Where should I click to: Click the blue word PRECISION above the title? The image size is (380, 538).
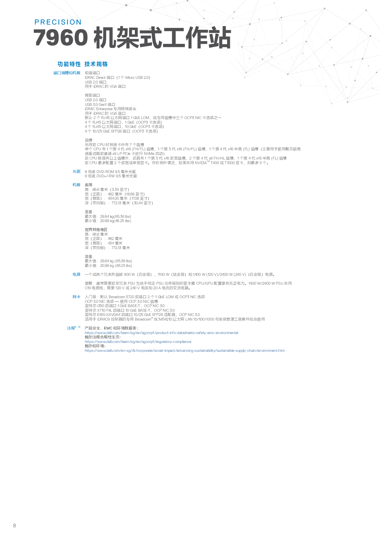coord(58,22)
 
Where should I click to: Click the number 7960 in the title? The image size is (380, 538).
coord(61,38)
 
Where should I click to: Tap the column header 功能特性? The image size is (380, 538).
coord(69,64)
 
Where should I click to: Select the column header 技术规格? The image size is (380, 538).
coord(96,64)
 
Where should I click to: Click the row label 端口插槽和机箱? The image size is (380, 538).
coord(67,73)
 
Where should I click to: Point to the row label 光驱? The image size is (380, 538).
coord(76,171)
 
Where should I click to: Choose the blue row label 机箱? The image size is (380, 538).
coord(76,185)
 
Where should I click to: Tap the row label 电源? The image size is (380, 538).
coord(76,275)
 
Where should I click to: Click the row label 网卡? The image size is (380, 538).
coord(76,297)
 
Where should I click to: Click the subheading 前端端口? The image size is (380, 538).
coord(93,73)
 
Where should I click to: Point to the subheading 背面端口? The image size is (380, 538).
coord(93,95)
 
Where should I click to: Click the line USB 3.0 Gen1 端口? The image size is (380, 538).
coord(100,105)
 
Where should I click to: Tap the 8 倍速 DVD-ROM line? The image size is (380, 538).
coord(110,172)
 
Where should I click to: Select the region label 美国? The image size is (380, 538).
coord(89,185)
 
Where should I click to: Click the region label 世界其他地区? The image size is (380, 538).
coord(96,230)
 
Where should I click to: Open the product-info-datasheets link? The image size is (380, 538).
coord(161,333)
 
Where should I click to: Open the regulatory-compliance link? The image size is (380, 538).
coord(138,342)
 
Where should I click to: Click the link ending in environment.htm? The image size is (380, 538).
coord(184,351)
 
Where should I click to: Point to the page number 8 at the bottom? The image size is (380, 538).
coord(14,525)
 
